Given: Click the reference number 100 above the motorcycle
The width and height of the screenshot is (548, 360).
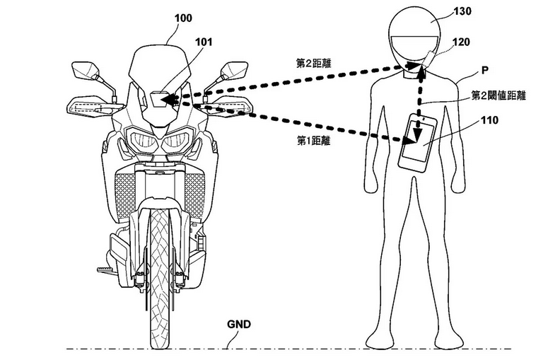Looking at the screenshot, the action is [183, 18].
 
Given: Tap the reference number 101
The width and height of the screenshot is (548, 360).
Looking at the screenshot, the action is [204, 42].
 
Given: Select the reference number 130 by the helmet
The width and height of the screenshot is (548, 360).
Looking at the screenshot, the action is [462, 11].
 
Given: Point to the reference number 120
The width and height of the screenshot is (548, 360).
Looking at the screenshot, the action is [461, 42].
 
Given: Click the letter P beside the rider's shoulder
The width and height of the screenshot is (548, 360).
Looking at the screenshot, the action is [485, 71].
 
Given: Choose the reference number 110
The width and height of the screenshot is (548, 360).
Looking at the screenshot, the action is [489, 120].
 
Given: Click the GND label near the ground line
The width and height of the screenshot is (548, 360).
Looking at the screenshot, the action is [239, 325].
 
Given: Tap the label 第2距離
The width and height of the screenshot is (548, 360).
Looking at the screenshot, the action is [313, 64].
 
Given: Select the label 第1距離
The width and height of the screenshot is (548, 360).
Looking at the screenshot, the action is [313, 141].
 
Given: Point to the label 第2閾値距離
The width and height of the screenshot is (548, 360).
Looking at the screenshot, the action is [499, 95].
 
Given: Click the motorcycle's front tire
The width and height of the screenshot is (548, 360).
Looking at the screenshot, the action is [160, 279].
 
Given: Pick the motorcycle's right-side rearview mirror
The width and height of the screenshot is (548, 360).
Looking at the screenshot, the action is [235, 70].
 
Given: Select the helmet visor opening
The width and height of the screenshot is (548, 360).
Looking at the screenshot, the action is [414, 48].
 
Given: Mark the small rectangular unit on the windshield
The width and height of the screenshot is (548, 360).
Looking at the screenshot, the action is [160, 98].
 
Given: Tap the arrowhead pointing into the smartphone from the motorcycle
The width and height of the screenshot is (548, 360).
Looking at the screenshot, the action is [411, 140].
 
